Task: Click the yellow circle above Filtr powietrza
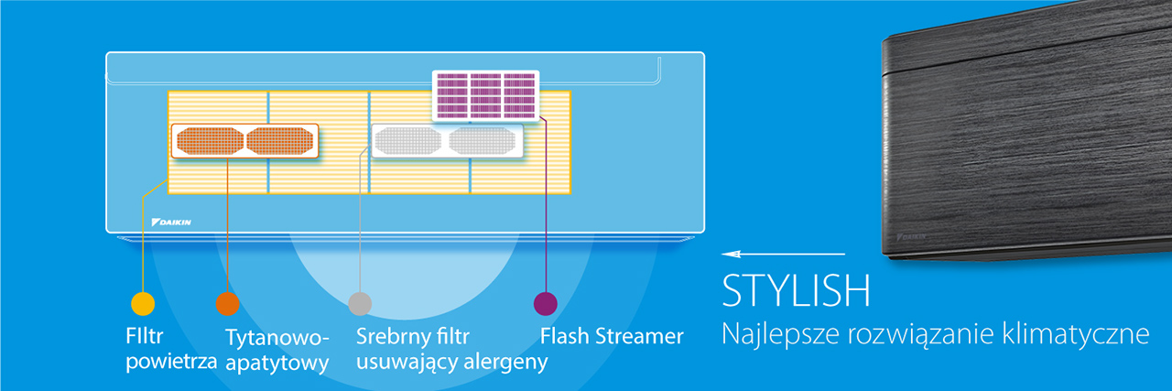(x=143, y=304)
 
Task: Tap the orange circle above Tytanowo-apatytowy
(x=228, y=304)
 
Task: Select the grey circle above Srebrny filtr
(x=360, y=304)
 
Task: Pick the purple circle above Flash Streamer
(x=545, y=304)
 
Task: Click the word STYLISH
(x=797, y=290)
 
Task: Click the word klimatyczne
(x=1076, y=334)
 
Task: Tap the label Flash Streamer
(x=612, y=336)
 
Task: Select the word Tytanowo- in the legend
(x=277, y=338)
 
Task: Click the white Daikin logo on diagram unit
(x=171, y=223)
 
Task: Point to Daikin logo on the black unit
(x=911, y=237)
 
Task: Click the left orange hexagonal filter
(x=210, y=141)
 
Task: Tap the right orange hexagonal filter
(x=280, y=141)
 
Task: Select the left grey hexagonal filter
(x=408, y=141)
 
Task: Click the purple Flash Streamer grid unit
(x=486, y=96)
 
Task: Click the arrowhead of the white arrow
(x=731, y=255)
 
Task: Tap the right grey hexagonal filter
(x=483, y=141)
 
